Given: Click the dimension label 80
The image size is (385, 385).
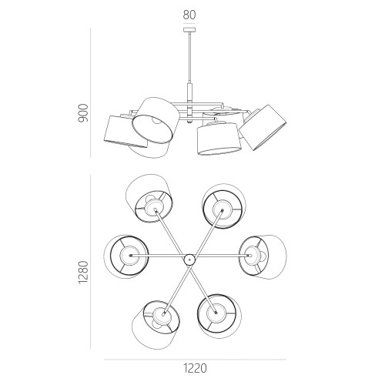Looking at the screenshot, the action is [x=189, y=15].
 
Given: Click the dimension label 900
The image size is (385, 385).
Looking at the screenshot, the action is [x=83, y=113].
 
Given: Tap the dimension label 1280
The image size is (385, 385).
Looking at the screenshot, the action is [x=83, y=272].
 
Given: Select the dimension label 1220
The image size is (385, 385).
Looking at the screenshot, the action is [x=195, y=369].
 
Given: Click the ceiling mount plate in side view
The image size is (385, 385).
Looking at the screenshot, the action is [x=189, y=30].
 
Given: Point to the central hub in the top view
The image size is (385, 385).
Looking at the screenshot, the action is [x=189, y=259].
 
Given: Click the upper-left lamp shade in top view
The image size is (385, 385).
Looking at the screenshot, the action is [x=149, y=198].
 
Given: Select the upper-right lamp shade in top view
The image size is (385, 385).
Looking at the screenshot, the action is [x=224, y=206].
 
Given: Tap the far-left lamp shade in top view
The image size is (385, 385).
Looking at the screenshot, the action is [x=126, y=256].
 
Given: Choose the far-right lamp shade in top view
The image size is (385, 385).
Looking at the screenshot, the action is [x=263, y=256].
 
